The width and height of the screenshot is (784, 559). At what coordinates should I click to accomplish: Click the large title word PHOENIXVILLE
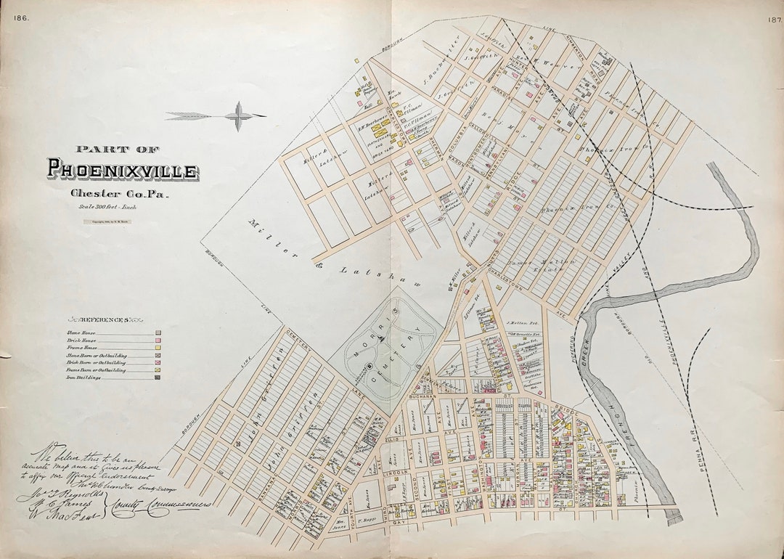122,170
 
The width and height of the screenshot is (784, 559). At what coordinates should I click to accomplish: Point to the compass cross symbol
238,115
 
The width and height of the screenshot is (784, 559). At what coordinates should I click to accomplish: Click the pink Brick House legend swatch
158,340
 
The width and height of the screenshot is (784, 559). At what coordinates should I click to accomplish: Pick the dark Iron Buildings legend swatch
158,378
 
